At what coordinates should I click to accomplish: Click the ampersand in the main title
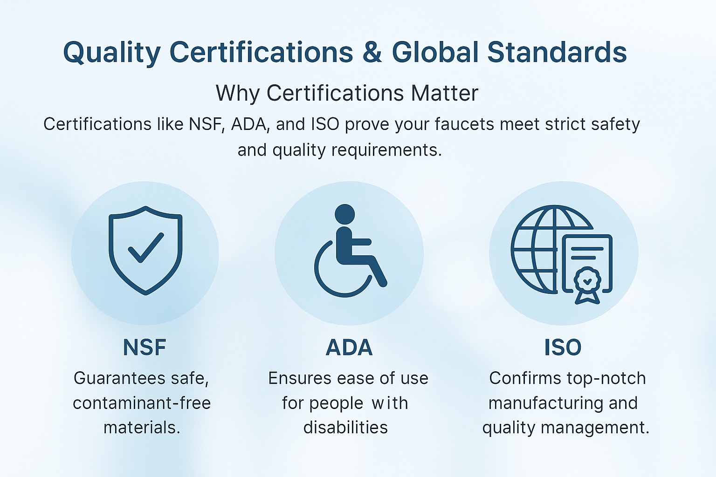pyautogui.click(x=372, y=52)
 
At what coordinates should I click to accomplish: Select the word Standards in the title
pyautogui.click(x=557, y=52)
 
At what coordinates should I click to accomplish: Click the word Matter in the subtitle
pyautogui.click(x=445, y=93)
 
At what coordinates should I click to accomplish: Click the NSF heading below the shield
pyautogui.click(x=145, y=348)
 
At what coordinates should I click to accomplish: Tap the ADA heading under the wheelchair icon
pyautogui.click(x=349, y=348)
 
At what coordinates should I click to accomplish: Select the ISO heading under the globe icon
pyautogui.click(x=563, y=348)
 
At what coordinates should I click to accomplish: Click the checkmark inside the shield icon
pyautogui.click(x=146, y=248)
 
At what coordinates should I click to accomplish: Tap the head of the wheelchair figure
pyautogui.click(x=344, y=214)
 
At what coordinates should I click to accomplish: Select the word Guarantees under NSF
pyautogui.click(x=119, y=379)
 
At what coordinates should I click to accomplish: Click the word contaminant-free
pyautogui.click(x=142, y=403)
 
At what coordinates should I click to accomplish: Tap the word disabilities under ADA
pyautogui.click(x=345, y=428)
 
